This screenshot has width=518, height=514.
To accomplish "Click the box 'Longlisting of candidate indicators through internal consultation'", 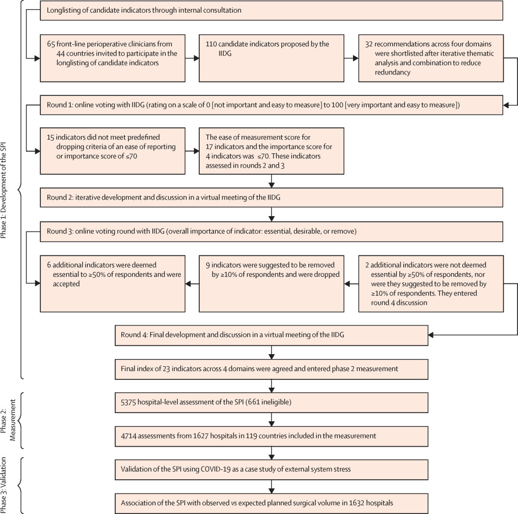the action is (x=271, y=10).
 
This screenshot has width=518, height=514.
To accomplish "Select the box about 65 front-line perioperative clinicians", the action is (x=113, y=58).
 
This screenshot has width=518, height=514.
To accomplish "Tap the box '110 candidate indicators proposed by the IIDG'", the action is (x=271, y=58).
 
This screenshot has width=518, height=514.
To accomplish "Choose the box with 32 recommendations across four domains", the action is (x=431, y=58).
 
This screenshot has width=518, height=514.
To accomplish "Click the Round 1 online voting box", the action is (x=271, y=105).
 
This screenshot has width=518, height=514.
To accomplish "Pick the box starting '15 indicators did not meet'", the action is (x=113, y=151).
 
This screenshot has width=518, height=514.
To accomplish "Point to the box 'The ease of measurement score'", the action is (x=271, y=151).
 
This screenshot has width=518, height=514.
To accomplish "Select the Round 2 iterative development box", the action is (x=271, y=197).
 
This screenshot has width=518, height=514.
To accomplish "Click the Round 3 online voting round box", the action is (x=271, y=232).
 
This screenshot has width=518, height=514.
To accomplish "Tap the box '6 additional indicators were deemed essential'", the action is (x=113, y=284).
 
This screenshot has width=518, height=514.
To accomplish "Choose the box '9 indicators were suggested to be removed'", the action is (x=271, y=284).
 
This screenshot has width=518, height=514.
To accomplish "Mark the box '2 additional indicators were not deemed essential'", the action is (x=431, y=284).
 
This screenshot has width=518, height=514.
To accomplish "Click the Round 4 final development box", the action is (x=271, y=335).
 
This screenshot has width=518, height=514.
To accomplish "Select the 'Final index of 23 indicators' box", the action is (x=271, y=369).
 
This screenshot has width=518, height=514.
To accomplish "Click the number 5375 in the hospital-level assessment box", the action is (x=128, y=403).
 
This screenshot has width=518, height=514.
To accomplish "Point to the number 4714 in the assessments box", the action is (x=129, y=436).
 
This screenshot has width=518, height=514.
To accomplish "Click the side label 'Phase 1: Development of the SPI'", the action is (x=4, y=190).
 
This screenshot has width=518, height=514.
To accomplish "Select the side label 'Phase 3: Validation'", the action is (x=4, y=485).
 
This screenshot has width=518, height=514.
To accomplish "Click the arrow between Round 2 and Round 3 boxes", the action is (x=271, y=215).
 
